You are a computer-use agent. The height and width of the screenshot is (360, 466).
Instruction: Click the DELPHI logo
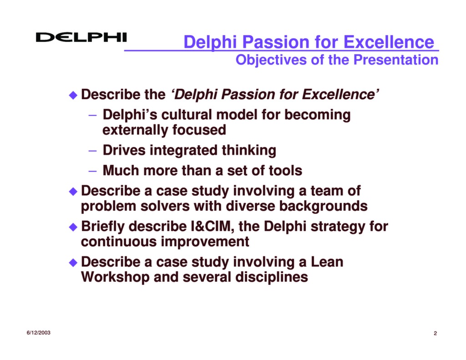(81, 37)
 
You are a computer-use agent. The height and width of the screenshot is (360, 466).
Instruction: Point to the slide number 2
(435, 334)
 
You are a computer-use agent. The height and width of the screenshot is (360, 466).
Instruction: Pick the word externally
(136, 130)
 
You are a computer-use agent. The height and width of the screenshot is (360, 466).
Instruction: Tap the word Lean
(327, 262)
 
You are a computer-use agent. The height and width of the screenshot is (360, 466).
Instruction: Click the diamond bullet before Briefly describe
(73, 227)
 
